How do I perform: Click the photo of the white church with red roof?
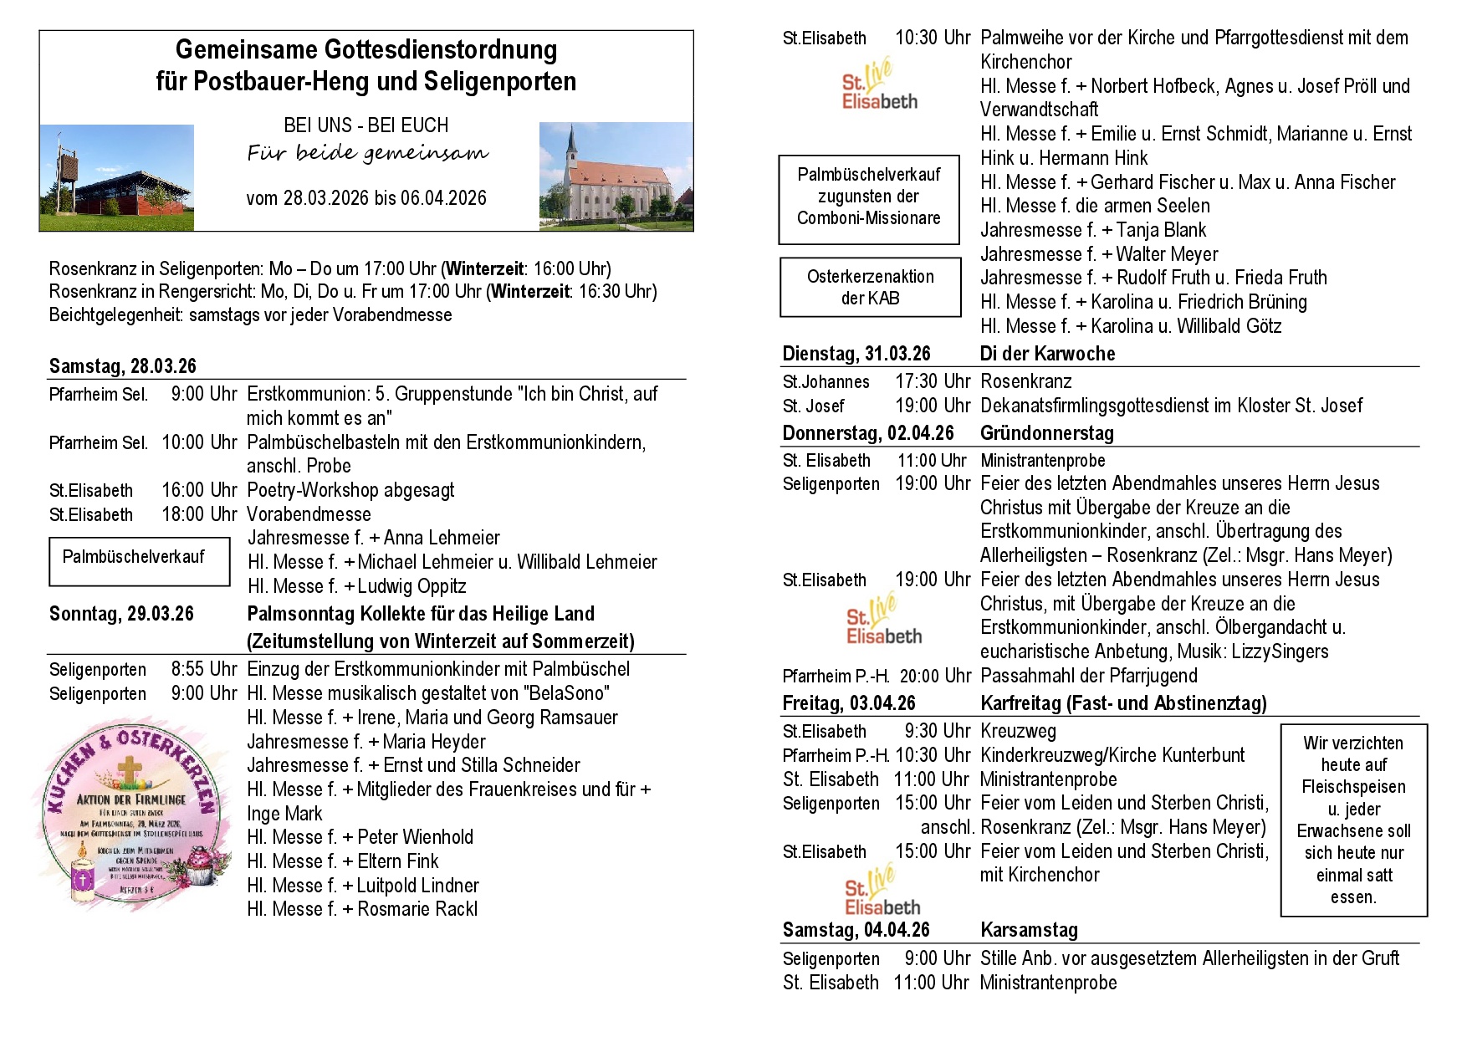(616, 176)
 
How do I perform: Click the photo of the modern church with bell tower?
(117, 178)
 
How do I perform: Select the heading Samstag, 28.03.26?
(123, 366)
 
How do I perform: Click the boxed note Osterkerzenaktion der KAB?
(870, 287)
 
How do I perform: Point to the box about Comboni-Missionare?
(868, 197)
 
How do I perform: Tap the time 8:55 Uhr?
(204, 669)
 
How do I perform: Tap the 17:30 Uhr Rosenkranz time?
(932, 381)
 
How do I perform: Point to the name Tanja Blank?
(1161, 230)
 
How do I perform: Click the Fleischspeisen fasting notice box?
(1353, 820)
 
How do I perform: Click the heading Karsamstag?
(1029, 930)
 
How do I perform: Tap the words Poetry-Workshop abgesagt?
(350, 490)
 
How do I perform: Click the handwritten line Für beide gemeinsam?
(367, 153)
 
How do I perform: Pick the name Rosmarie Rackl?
(417, 909)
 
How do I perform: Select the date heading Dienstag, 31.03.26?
(856, 354)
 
